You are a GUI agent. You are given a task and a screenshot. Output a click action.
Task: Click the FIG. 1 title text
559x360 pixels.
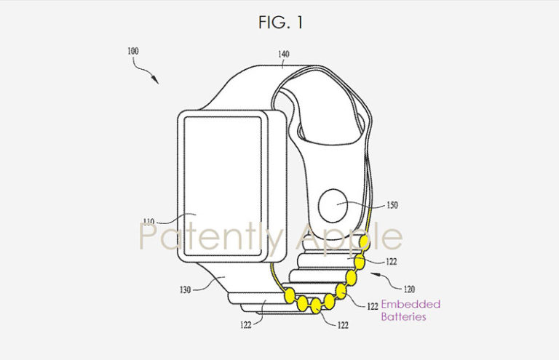(279, 23)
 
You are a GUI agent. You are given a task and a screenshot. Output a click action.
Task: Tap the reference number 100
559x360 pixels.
(132, 52)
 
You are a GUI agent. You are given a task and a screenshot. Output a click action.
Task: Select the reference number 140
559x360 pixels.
(284, 53)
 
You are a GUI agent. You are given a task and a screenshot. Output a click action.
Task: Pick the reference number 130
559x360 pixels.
(186, 289)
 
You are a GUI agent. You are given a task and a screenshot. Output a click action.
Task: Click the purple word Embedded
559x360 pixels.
(411, 304)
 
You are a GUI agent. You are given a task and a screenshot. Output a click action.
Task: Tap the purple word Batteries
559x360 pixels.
(403, 317)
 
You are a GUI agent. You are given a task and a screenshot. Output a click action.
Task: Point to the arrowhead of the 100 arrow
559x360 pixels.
(156, 81)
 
